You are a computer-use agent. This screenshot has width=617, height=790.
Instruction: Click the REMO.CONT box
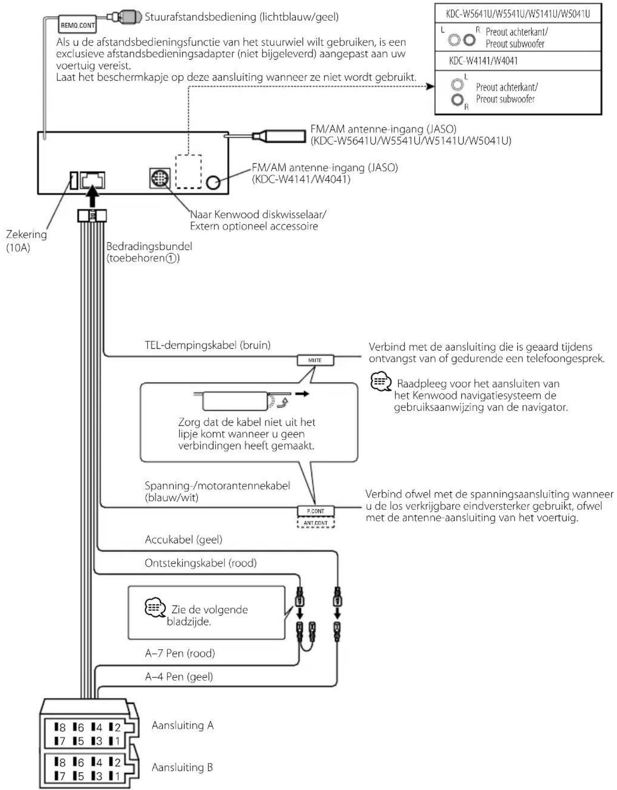tap(77, 25)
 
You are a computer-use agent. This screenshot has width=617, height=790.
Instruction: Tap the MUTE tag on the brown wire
tap(315, 360)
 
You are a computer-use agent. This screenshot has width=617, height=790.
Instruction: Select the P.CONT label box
tap(315, 511)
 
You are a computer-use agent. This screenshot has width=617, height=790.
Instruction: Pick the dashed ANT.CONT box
tap(315, 523)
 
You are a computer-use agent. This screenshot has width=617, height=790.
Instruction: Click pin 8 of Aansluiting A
tap(60, 727)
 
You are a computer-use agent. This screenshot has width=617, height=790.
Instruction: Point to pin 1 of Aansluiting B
tap(115, 776)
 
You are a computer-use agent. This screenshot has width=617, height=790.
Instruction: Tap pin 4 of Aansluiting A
tap(97, 727)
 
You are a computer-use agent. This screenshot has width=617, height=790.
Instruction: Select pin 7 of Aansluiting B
tap(60, 776)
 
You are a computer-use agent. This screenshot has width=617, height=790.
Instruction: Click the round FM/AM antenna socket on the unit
tap(213, 182)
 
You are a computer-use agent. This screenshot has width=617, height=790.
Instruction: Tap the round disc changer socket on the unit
tap(160, 178)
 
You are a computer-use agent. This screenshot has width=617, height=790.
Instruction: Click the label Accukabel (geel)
tap(184, 540)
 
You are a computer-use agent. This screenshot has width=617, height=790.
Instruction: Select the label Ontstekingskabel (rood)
tap(201, 563)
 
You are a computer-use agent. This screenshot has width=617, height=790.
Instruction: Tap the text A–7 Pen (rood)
tap(180, 653)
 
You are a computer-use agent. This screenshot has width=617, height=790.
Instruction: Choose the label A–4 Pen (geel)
tap(179, 677)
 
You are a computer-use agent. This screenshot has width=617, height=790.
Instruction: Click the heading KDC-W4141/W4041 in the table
tap(483, 60)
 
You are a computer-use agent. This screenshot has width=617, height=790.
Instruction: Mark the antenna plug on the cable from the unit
tap(279, 136)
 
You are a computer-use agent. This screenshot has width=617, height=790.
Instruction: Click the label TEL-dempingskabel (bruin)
tap(207, 345)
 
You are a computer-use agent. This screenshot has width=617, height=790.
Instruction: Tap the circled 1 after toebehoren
tap(171, 259)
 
